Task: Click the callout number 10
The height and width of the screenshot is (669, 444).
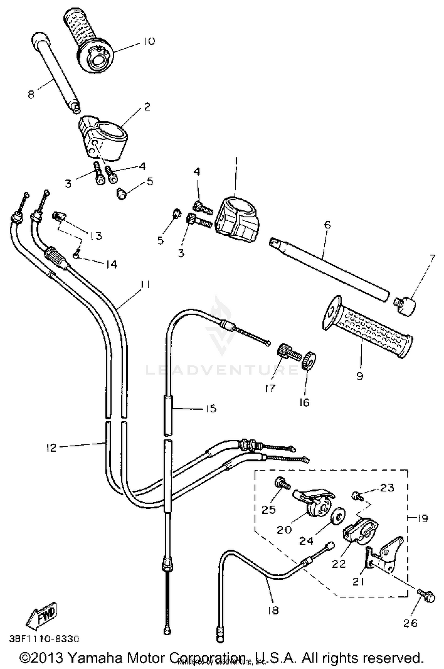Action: (148, 41)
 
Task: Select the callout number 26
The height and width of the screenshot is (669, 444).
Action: (411, 623)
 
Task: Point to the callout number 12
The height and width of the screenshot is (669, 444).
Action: (51, 447)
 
